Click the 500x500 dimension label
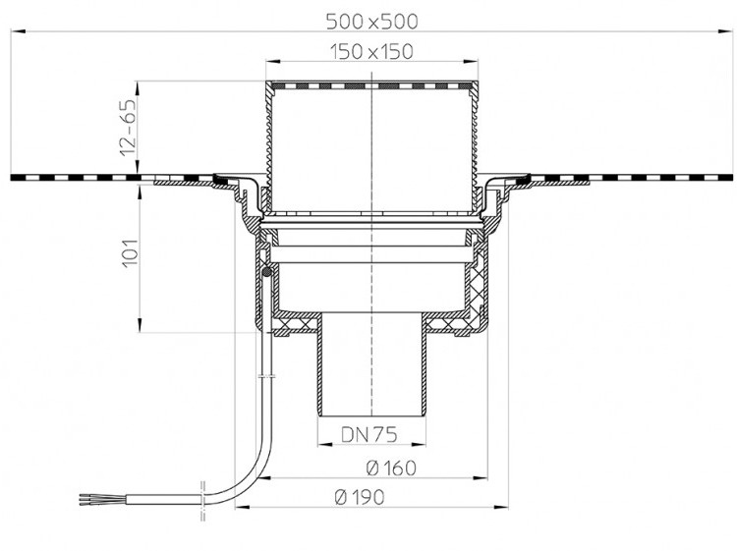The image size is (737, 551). tap(371, 22)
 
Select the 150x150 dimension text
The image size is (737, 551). tap(371, 52)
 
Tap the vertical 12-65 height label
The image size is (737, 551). tap(128, 128)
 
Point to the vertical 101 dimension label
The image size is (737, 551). tap(130, 253)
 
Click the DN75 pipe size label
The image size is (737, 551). tap(368, 434)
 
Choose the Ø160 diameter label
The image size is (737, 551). tap(391, 468)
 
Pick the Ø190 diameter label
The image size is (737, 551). tap(360, 497)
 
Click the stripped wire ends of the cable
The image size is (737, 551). tap(85, 499)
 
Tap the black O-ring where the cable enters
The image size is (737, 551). tap(266, 272)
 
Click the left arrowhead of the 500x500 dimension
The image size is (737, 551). tap(17, 31)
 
